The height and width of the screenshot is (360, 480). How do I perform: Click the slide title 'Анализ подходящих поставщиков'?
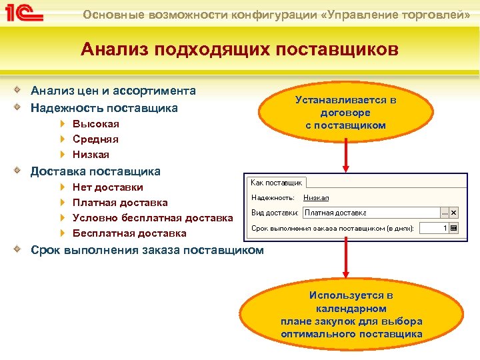tap(239, 49)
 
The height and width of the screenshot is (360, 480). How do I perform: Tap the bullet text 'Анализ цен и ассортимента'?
tap(113, 91)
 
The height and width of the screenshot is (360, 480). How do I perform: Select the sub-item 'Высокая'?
tap(96, 123)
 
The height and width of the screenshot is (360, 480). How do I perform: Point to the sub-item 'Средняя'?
tap(95, 139)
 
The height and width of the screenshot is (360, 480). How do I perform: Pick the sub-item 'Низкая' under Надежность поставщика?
tap(91, 154)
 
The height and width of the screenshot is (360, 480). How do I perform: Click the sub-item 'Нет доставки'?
tap(107, 187)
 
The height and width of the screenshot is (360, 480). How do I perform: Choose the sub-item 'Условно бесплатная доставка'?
tap(153, 217)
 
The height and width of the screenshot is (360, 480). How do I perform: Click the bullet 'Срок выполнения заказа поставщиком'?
tap(147, 250)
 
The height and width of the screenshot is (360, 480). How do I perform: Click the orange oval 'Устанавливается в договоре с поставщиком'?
tap(345, 112)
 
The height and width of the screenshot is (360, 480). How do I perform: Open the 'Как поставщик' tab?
tap(277, 182)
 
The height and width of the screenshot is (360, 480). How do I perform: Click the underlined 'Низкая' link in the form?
tap(316, 197)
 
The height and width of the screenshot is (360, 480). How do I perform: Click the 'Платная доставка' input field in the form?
tap(371, 213)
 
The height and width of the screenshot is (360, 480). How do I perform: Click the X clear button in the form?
tap(454, 213)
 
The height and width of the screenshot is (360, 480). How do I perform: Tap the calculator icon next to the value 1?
tap(454, 228)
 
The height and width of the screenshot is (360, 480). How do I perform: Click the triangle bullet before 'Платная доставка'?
tap(62, 202)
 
